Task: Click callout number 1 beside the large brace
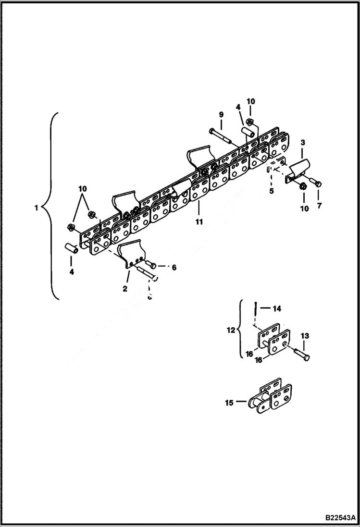click(x=36, y=208)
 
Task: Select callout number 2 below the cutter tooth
click(x=125, y=289)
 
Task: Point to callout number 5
click(x=271, y=191)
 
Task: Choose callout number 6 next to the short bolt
click(x=174, y=267)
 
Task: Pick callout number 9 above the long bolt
click(x=221, y=114)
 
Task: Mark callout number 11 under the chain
click(x=199, y=222)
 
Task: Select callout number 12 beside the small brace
click(x=231, y=330)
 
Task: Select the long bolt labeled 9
click(x=222, y=135)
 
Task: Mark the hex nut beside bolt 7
click(x=303, y=186)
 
